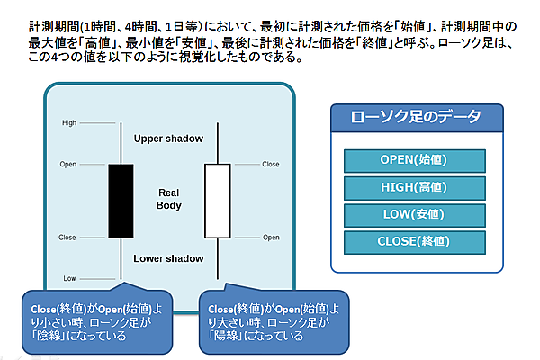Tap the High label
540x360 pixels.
point(68,122)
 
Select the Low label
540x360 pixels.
point(69,278)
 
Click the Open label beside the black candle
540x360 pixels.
point(68,165)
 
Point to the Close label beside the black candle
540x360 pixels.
point(68,238)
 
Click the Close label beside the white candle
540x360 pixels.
point(270,165)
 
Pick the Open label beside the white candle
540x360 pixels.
point(270,238)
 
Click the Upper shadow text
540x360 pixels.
point(168,139)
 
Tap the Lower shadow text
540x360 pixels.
point(168,258)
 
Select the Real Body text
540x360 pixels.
point(169,199)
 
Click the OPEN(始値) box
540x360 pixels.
point(415,160)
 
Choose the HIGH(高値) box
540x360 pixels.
point(415,187)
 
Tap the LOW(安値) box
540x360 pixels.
point(415,214)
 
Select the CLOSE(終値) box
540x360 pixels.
point(415,241)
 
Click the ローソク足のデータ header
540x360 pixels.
point(415,118)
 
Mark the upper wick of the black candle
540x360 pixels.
point(121,142)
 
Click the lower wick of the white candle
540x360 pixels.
point(217,257)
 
